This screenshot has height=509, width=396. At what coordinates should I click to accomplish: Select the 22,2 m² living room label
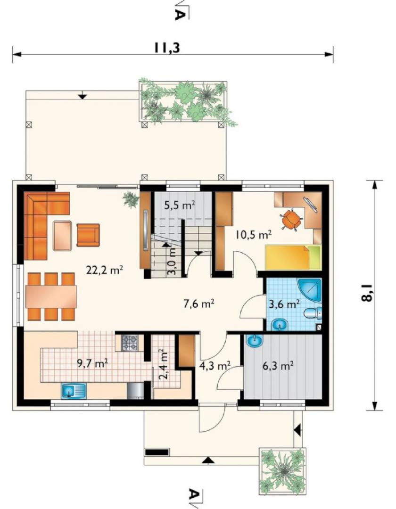(x=105, y=270)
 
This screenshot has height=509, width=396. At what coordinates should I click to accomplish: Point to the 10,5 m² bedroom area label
(x=254, y=234)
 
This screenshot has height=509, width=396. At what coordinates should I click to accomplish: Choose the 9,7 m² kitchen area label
(x=92, y=363)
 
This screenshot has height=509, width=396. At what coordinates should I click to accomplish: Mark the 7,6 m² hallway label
(x=198, y=304)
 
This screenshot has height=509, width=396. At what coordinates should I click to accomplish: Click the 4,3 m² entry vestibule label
(x=214, y=366)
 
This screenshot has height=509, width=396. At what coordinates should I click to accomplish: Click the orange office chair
(x=291, y=220)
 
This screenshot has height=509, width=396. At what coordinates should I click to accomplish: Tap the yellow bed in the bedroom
(x=293, y=258)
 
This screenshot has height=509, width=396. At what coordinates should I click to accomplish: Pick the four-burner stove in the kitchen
(x=130, y=343)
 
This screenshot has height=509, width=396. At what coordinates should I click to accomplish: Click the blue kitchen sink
(x=74, y=391)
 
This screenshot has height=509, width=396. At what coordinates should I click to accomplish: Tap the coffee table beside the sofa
(x=62, y=236)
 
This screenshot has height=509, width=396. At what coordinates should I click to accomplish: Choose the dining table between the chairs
(x=51, y=297)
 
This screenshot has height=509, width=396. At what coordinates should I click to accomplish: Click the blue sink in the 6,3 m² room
(x=255, y=340)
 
